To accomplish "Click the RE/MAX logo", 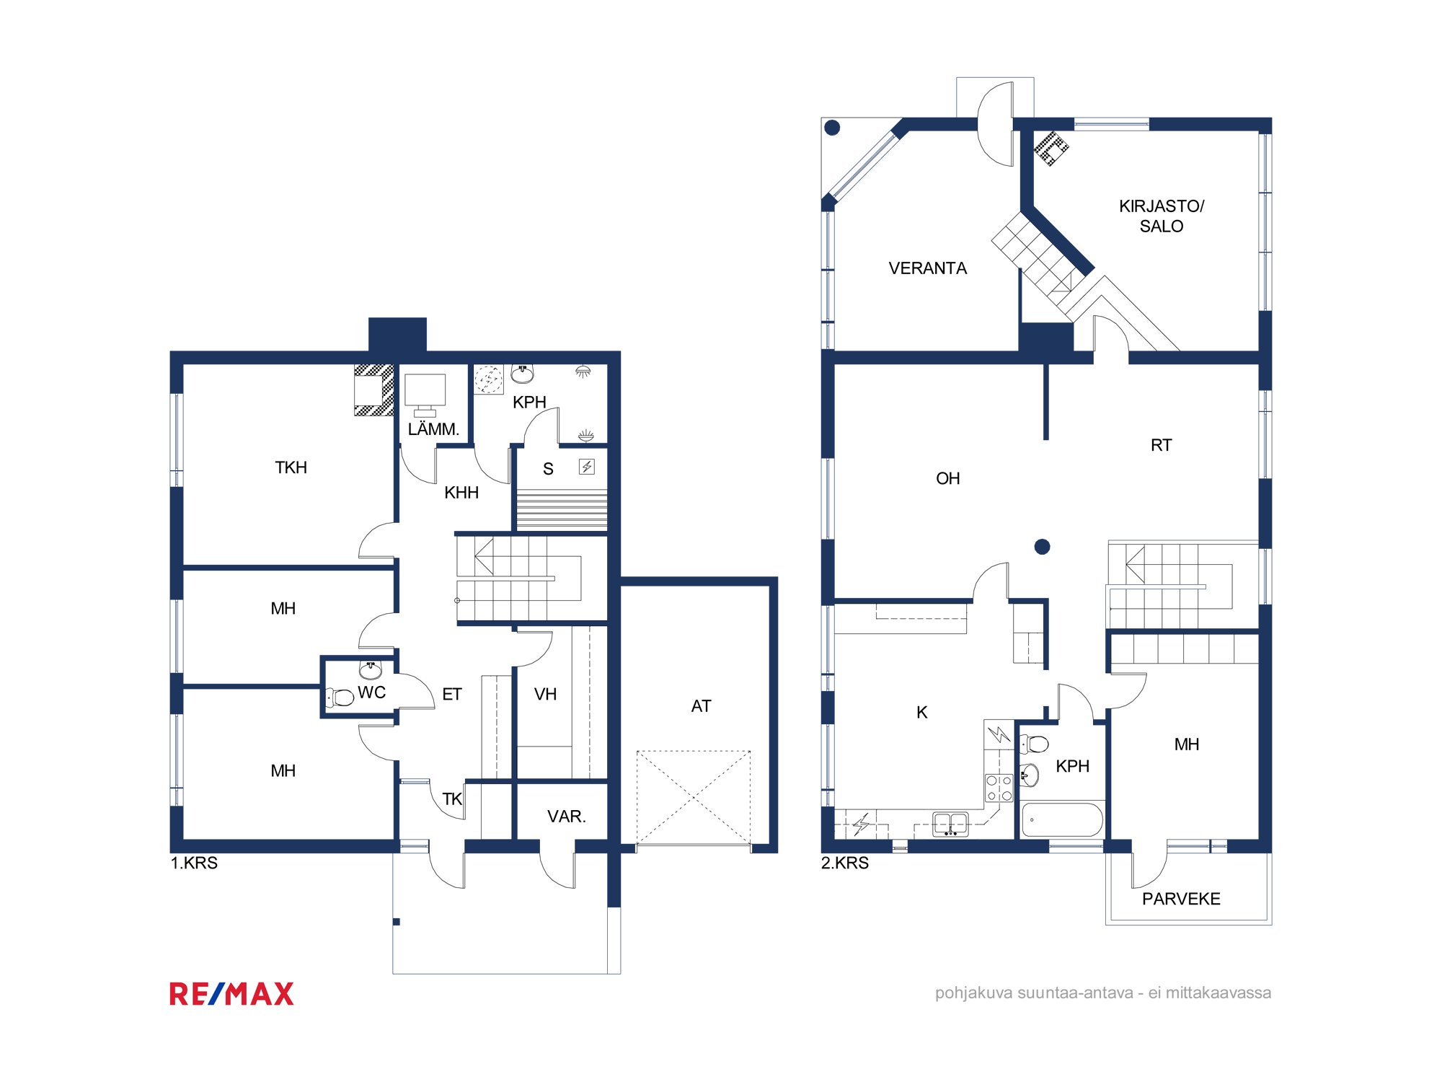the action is [231, 993].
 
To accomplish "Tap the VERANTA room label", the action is [927, 268].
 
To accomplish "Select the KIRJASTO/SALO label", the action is [1162, 216].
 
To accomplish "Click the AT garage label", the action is [701, 706].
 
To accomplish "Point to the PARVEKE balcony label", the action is [1181, 899].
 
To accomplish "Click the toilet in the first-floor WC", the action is [340, 697].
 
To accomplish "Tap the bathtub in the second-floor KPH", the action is [1063, 819].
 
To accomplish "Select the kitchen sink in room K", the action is [950, 824].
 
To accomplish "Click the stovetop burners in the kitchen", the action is [999, 788].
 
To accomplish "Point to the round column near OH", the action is [1042, 547].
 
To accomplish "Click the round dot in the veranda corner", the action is [832, 128].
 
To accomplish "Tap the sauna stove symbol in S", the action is [587, 467].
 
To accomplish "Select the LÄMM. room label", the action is [433, 429].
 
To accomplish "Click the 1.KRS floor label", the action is [194, 863].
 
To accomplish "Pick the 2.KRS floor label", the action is [845, 863].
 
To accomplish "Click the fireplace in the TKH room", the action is [373, 390].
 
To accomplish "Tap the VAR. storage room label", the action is [567, 817].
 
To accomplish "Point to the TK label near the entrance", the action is [452, 799].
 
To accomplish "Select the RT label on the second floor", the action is [1161, 445].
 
